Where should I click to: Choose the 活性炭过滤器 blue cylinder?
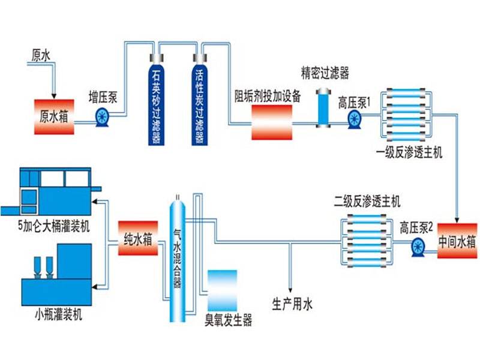click(200, 100)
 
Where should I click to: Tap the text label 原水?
click(41, 56)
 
